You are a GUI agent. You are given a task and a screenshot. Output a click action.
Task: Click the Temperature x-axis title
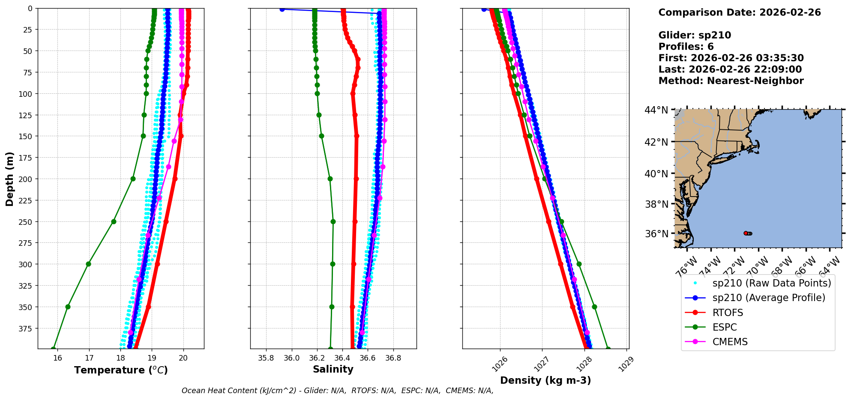tap(121, 370)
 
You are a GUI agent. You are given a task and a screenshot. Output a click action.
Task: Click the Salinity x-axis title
tap(333, 369)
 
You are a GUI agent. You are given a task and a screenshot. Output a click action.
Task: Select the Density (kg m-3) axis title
tap(545, 380)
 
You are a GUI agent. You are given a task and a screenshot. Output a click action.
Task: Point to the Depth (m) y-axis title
tap(9, 179)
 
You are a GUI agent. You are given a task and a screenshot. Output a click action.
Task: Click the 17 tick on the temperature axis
tap(89, 358)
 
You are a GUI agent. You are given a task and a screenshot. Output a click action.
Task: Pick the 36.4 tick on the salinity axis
tap(342, 358)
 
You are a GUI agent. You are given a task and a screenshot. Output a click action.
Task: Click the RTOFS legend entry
tap(728, 313)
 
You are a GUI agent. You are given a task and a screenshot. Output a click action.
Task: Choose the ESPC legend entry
tap(724, 327)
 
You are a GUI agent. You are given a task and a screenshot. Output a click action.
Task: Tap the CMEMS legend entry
tap(730, 342)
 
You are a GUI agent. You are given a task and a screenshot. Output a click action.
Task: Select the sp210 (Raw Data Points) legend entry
tap(771, 283)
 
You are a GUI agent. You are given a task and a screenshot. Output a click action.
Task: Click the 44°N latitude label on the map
tap(656, 110)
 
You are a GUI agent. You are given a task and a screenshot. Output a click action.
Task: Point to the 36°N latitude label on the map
tap(656, 234)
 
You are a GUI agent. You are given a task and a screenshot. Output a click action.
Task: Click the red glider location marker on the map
tap(746, 233)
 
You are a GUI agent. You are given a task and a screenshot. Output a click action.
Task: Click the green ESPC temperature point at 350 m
tap(68, 307)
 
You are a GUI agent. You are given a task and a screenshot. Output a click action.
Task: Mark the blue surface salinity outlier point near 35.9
tap(282, 9)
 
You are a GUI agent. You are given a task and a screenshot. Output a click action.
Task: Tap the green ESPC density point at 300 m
tap(579, 264)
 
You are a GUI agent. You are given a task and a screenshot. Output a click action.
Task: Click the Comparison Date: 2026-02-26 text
tap(740, 12)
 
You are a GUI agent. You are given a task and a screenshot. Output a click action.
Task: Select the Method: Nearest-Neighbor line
tap(731, 81)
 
